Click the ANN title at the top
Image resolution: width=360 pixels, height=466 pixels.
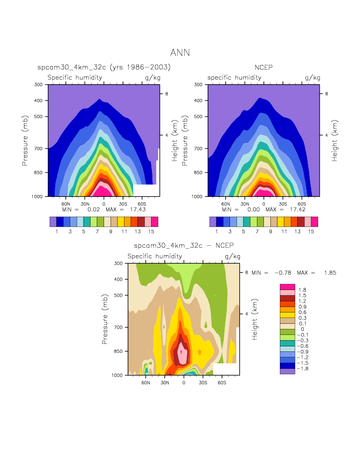tap(180, 53)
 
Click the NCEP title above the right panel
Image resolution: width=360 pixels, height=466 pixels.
tap(263, 67)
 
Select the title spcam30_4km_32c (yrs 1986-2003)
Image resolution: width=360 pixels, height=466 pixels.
tap(104, 67)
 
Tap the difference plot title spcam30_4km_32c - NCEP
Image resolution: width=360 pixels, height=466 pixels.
tap(184, 246)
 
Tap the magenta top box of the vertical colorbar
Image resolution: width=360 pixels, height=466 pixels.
tap(287, 287)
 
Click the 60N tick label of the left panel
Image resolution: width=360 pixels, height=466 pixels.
tap(66, 204)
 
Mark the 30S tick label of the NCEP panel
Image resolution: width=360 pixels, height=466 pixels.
tap(282, 204)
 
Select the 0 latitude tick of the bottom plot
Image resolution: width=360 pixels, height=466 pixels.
tap(184, 382)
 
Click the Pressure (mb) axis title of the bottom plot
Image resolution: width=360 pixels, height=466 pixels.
tap(105, 319)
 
